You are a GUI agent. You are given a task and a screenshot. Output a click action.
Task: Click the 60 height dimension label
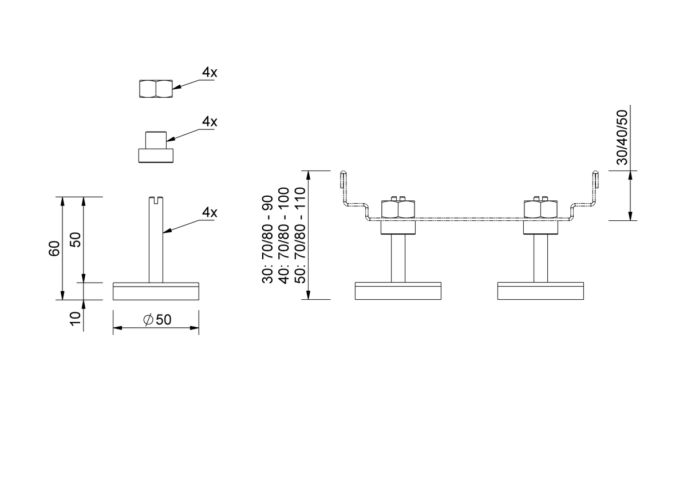coord(54,249)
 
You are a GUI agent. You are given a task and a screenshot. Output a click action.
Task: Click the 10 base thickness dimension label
coord(75,319)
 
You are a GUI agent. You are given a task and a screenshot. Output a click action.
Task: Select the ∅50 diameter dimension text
coord(157,320)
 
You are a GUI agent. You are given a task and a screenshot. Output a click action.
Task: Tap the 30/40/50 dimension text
coord(622,137)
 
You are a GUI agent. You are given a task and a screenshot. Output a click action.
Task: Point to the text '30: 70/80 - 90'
coord(267,239)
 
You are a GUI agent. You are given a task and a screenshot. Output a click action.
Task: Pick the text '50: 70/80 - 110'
coord(300,235)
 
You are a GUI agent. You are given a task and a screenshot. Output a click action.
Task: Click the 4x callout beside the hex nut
coord(210,72)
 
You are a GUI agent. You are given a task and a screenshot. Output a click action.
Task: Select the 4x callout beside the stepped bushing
coord(210,122)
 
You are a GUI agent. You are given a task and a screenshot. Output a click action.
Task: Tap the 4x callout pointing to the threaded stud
coord(210,212)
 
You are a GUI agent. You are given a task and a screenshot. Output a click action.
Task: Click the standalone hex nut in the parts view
coord(156,89)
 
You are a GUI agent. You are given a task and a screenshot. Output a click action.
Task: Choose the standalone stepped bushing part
coord(156,147)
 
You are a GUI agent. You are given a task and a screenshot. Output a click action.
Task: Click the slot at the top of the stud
coord(156,200)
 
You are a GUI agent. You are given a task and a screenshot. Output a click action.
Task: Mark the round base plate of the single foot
coord(156,291)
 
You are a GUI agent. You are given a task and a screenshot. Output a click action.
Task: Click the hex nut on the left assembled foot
coord(398,209)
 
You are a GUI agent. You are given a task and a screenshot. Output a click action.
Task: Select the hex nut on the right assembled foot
coord(540,209)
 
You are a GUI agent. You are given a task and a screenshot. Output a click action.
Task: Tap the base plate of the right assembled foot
coord(540,291)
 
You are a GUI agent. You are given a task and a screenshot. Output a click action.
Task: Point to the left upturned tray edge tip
coord(343,172)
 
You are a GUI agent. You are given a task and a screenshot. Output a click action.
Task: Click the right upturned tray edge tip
coord(595,172)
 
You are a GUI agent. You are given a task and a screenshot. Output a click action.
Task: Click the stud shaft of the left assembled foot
coord(398,259)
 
